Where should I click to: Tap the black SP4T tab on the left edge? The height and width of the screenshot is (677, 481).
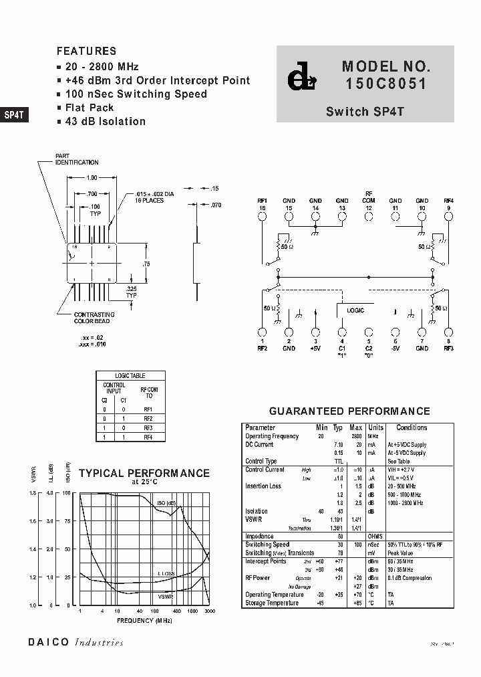[x=14, y=114]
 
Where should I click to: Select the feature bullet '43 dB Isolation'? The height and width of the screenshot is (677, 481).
[x=105, y=121]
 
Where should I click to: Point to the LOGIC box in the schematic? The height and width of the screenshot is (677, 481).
[x=355, y=311]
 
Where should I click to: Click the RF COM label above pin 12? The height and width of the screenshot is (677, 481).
[x=369, y=197]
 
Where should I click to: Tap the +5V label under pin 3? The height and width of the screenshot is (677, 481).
[x=315, y=348]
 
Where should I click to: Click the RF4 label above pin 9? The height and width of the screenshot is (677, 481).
[x=448, y=201]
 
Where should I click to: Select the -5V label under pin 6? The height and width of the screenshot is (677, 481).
[x=395, y=348]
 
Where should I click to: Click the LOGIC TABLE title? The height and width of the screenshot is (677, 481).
[x=130, y=376]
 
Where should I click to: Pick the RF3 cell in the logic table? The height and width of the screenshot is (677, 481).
[x=148, y=427]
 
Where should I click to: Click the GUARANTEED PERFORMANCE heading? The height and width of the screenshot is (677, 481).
[x=349, y=411]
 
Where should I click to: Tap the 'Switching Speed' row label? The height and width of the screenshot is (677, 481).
[x=267, y=545]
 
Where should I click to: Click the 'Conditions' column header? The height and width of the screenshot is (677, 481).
[x=412, y=427]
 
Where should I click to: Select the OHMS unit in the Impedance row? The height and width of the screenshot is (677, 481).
[x=375, y=536]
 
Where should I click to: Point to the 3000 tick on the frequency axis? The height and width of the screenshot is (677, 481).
[x=210, y=611]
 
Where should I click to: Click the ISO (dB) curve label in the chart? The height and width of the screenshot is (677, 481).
[x=166, y=503]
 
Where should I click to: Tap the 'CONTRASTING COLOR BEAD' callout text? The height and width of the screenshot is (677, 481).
[x=94, y=318]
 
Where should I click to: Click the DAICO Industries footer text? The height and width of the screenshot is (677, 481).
[x=75, y=642]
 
